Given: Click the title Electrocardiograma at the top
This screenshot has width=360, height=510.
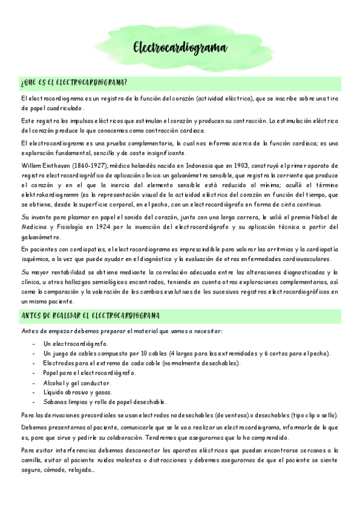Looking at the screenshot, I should coord(179,48).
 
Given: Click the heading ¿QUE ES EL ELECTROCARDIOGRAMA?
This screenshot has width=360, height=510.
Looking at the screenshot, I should coord(73,82).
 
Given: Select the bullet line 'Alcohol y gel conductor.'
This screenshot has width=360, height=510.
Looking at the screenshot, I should coord(77,382).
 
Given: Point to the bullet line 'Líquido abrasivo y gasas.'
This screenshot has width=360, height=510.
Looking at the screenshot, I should coord(78,392).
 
